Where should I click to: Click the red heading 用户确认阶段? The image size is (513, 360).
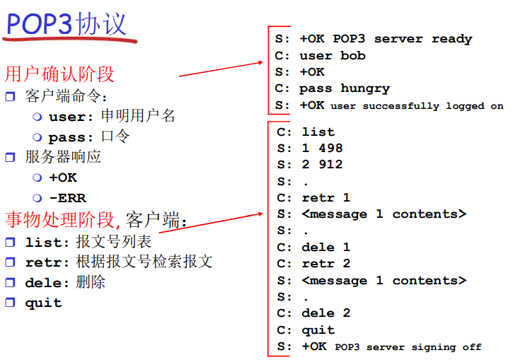click(x=59, y=74)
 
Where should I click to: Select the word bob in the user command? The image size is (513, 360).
click(x=352, y=55)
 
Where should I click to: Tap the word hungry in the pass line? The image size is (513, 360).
click(x=365, y=88)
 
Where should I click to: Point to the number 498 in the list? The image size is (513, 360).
click(x=330, y=148)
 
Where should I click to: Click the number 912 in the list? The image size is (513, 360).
click(x=330, y=165)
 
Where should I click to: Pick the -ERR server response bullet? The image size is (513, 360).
click(x=68, y=198)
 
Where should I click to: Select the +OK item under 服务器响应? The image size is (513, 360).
click(x=63, y=178)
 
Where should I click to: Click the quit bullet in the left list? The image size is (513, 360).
click(x=43, y=303)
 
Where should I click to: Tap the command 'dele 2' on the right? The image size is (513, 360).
click(x=326, y=313)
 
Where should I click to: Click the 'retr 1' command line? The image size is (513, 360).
click(x=326, y=197)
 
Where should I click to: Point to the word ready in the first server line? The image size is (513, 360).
click(x=452, y=39)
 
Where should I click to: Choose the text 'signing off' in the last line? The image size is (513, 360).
click(x=446, y=347)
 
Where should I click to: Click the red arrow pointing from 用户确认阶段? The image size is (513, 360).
click(x=221, y=69)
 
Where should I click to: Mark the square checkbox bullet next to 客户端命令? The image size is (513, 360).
click(x=10, y=96)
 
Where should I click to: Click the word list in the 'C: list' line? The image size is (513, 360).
click(x=318, y=132)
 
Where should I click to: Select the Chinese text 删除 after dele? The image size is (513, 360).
click(x=91, y=282)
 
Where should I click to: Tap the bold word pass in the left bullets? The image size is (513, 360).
click(x=67, y=138)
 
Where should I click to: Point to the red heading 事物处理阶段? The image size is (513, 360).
click(x=59, y=219)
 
